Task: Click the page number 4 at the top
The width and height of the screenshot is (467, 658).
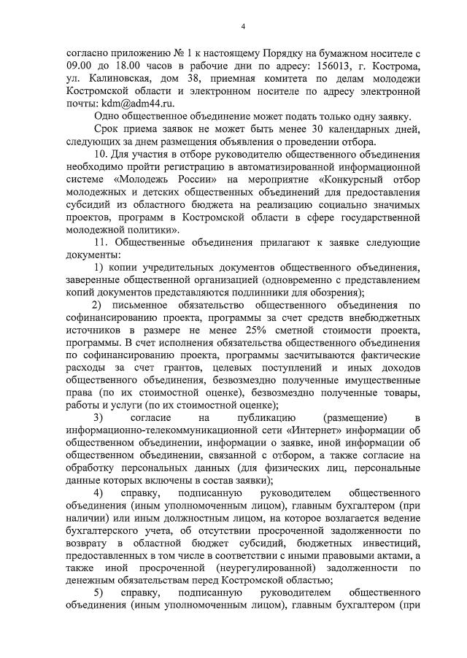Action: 243,27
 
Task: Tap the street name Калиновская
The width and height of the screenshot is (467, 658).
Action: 117,78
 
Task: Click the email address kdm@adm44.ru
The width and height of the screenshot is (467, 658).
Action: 130,104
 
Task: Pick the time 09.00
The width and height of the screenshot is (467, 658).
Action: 78,65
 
